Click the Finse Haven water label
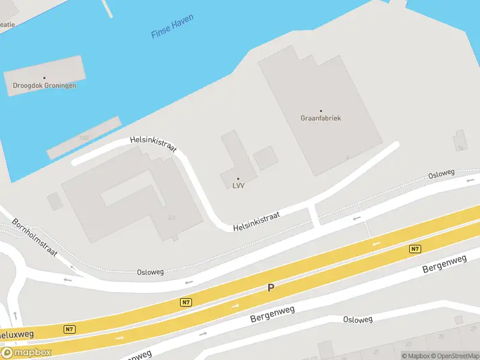173,28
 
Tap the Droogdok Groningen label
44,85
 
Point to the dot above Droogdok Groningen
44,77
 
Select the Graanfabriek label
320,118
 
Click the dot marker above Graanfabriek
321,110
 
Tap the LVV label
238,186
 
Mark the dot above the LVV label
238,178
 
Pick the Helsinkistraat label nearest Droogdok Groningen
154,144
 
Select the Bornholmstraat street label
35,237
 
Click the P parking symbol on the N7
271,289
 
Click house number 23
409,344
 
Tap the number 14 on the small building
461,148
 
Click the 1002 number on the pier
83,137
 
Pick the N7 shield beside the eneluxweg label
70,329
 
